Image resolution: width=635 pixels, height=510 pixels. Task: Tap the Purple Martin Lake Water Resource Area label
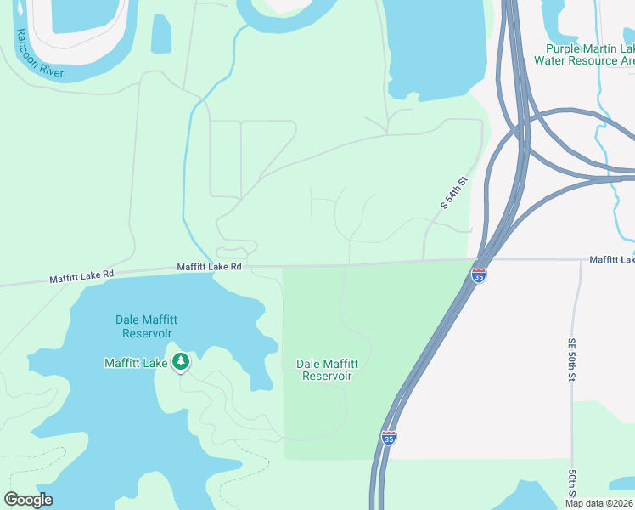coord(584,55)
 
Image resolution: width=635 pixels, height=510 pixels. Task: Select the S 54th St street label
coord(455,193)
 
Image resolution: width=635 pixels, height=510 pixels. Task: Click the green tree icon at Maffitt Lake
coord(180,362)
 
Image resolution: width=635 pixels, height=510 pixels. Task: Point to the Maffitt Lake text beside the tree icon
coord(136,363)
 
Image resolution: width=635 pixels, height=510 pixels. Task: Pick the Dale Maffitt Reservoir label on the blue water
coord(146,326)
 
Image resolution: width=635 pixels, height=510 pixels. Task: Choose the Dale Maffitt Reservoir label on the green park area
coord(327,370)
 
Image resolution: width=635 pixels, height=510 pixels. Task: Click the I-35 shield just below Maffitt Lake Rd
coord(479,276)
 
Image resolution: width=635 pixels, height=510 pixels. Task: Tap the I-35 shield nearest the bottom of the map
coord(388,438)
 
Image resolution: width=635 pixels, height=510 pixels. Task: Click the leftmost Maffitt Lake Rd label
coord(80,275)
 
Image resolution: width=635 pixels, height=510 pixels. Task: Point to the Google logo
coord(28,500)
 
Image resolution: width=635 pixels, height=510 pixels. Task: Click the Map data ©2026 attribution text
coord(598,503)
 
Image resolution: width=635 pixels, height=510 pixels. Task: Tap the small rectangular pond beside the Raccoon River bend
coord(160,34)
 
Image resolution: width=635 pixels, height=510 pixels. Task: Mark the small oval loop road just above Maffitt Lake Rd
coord(235,252)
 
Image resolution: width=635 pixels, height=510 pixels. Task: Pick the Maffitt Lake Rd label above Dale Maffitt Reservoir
coord(210,267)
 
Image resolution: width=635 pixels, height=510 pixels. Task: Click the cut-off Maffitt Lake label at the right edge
coord(612,259)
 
